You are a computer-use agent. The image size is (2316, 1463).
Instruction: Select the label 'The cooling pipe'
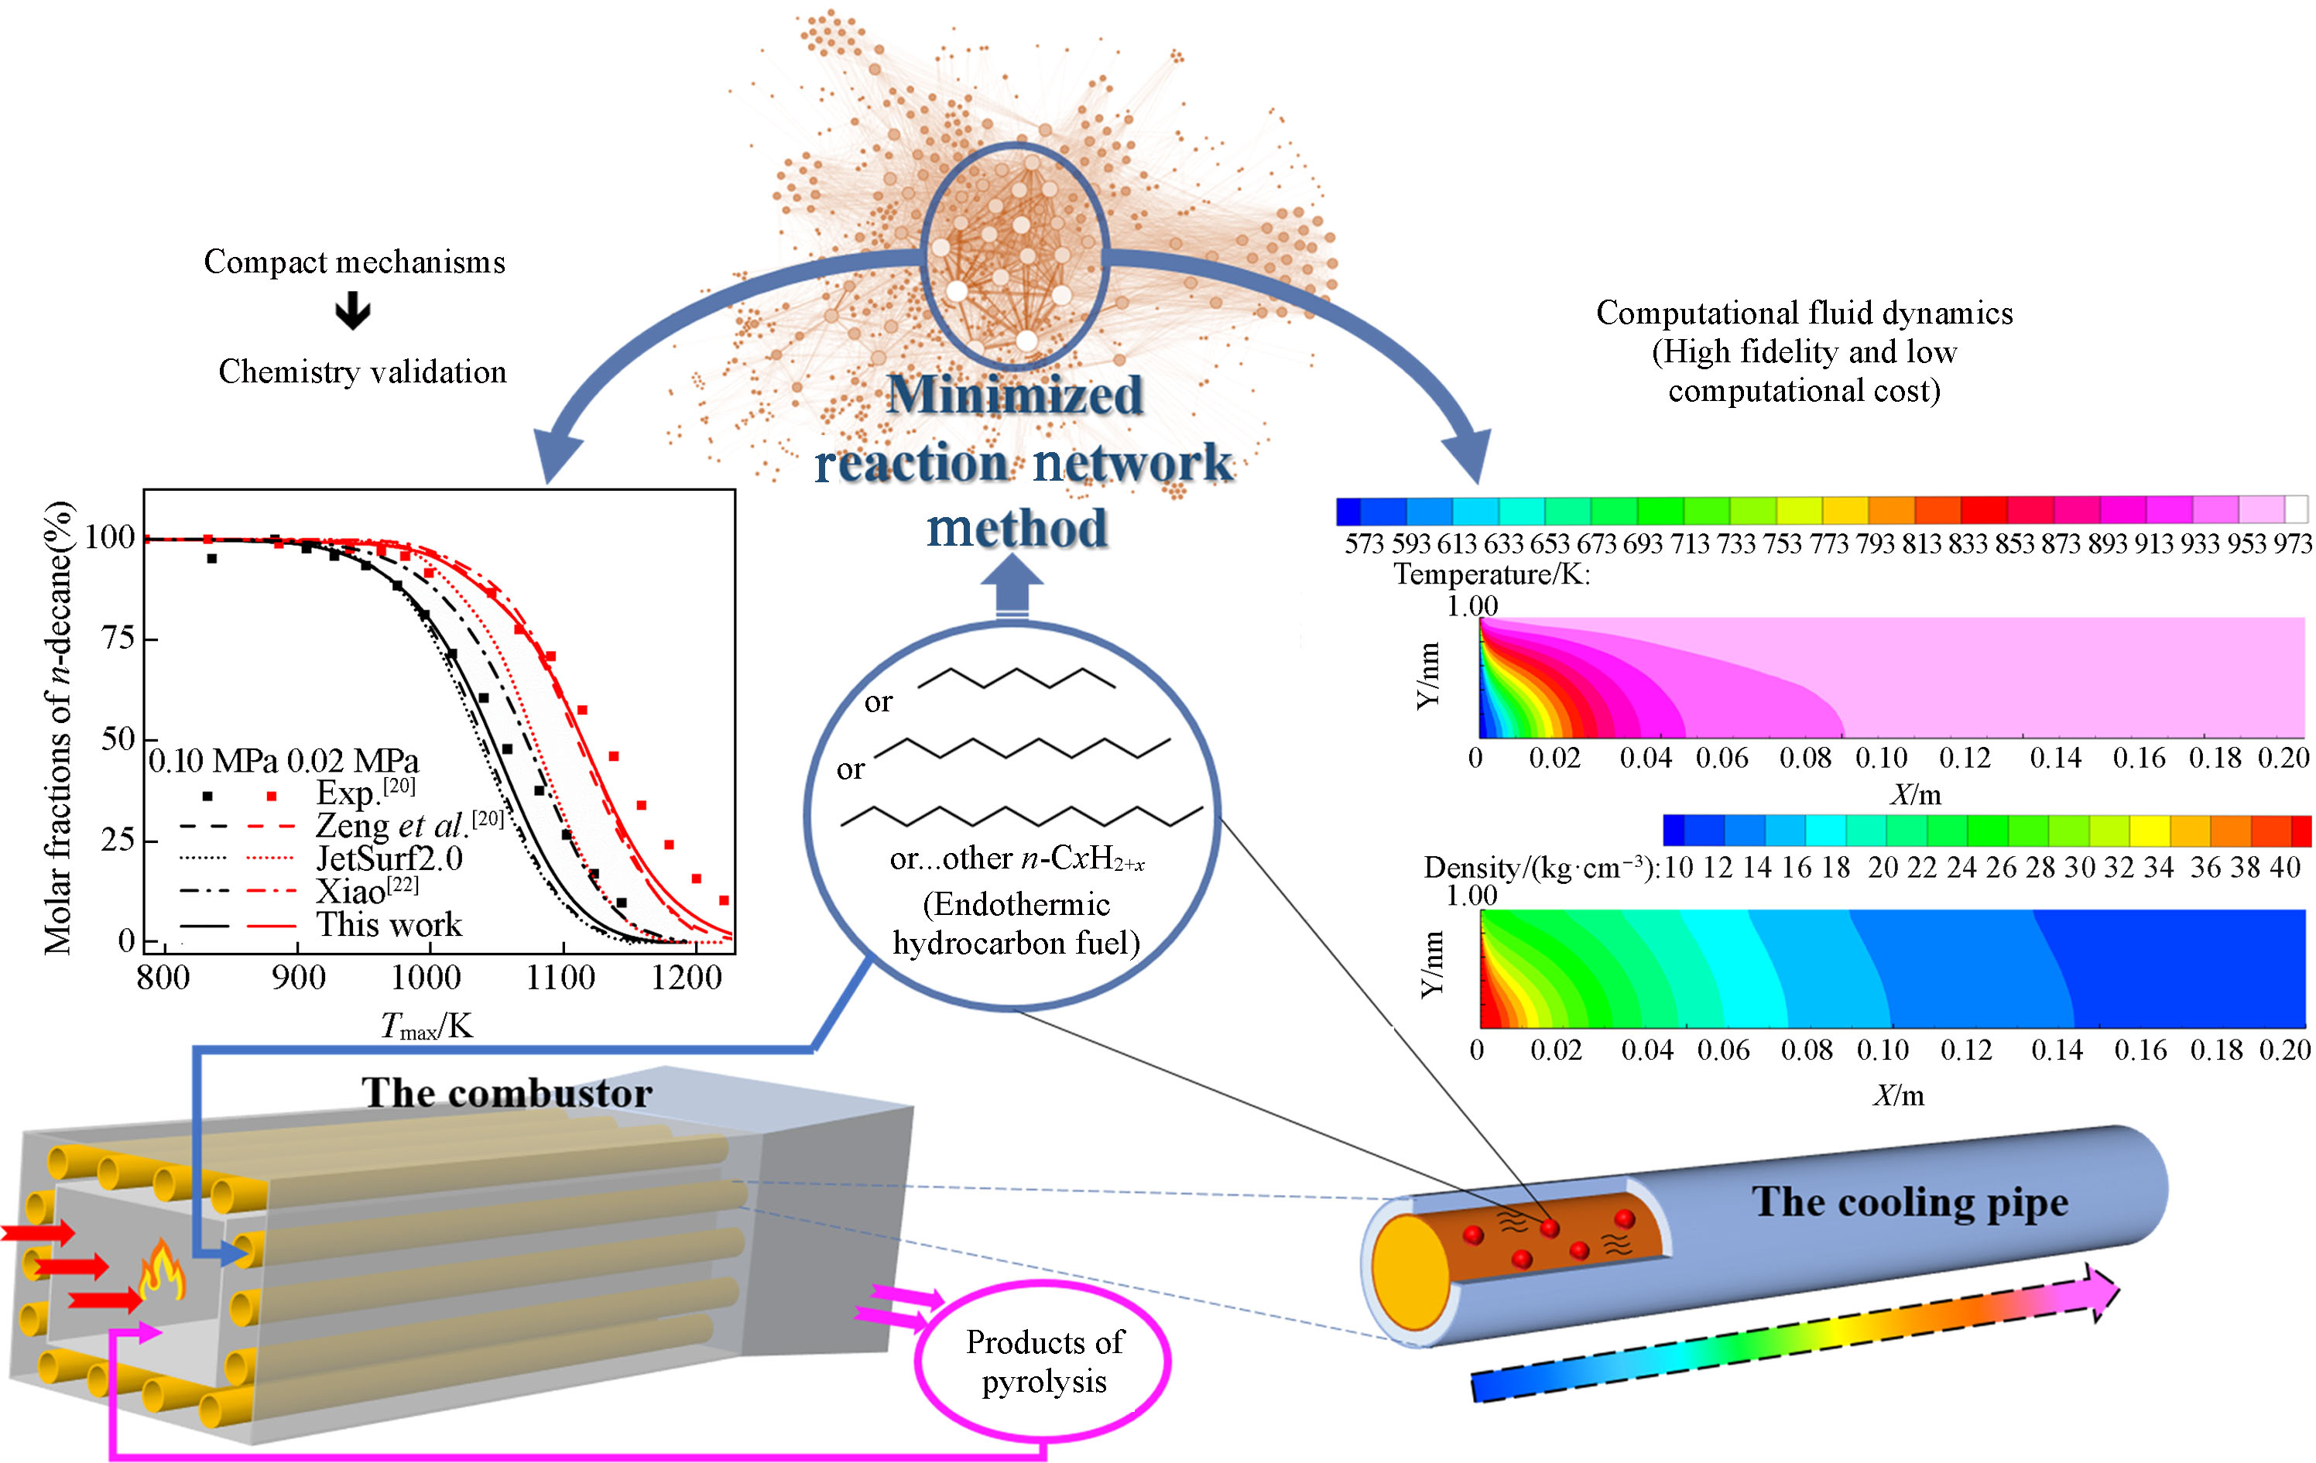[1909, 1201]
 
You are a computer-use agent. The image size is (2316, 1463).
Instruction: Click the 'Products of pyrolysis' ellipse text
[1043, 1361]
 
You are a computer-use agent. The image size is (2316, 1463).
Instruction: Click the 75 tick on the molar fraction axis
[118, 638]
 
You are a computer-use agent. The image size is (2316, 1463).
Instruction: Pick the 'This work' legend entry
[389, 924]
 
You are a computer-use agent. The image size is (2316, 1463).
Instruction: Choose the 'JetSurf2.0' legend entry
[389, 858]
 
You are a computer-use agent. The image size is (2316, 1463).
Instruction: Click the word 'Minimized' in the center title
[1015, 394]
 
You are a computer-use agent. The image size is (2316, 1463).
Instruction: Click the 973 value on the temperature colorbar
[2293, 544]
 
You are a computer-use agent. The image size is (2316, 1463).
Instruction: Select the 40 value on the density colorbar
[2285, 868]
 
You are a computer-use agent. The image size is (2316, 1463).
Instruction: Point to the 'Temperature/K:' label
[1492, 575]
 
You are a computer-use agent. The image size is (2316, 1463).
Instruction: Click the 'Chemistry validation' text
[362, 372]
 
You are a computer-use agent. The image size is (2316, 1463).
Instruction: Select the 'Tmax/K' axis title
[426, 1026]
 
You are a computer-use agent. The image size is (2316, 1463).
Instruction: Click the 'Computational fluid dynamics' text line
[1804, 313]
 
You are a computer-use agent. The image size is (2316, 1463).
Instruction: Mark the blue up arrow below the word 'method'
[1012, 585]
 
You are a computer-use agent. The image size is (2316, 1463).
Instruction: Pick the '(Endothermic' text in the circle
[1016, 904]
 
